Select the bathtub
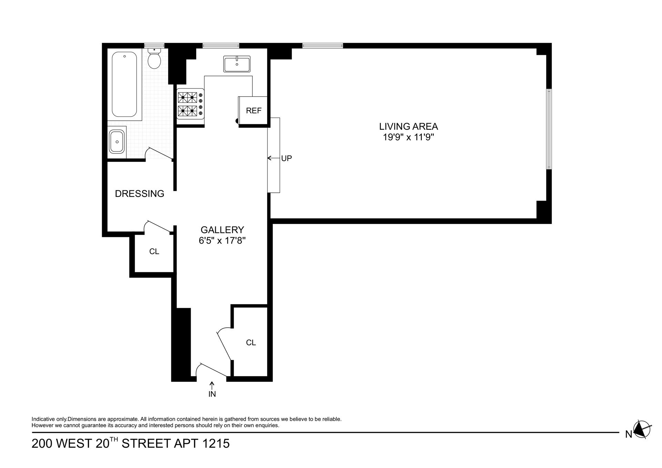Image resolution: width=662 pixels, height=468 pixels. [124, 84]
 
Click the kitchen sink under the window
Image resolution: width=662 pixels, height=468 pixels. [237, 64]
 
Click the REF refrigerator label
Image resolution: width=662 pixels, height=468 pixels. [254, 111]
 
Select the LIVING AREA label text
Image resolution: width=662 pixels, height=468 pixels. [408, 126]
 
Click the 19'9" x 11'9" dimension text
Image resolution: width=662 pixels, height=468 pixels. [408, 137]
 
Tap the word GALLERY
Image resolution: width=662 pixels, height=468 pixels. [222, 230]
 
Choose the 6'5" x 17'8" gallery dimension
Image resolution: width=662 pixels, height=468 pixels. [222, 241]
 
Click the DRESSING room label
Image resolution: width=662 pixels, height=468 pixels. [139, 194]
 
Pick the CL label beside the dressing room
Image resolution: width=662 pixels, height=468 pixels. [154, 252]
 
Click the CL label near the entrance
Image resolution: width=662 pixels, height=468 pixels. [251, 342]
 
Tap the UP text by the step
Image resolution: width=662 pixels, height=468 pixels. [287, 158]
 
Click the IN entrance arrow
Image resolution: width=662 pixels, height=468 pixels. [212, 386]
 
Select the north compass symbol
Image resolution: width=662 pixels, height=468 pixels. [642, 430]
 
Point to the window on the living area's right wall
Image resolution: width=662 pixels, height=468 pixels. [549, 129]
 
